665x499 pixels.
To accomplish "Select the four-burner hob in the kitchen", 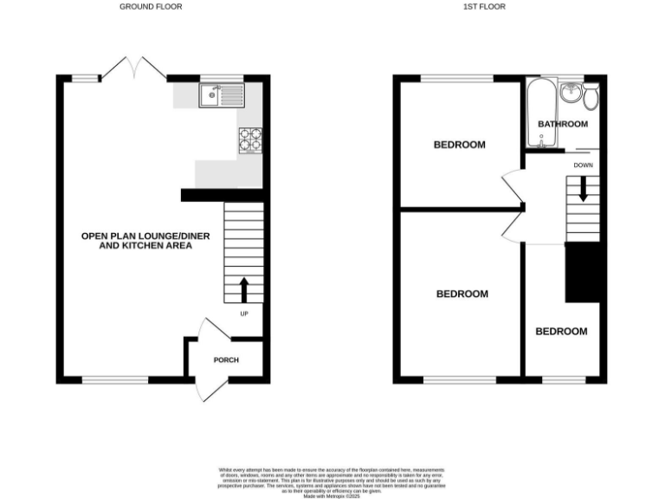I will pyautogui.click(x=250, y=140).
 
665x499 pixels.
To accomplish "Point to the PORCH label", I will pyautogui.click(x=226, y=360).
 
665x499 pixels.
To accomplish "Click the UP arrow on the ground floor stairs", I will pyautogui.click(x=243, y=288).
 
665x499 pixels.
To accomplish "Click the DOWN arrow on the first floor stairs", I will pyautogui.click(x=583, y=188).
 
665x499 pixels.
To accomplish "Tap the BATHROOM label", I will pyautogui.click(x=563, y=124).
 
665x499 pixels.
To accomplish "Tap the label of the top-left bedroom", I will pyautogui.click(x=459, y=145).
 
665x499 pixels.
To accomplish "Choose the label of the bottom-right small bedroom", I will pyautogui.click(x=560, y=331).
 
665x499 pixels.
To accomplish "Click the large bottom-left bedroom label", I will pyautogui.click(x=462, y=294).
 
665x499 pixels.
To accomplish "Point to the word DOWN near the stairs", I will pyautogui.click(x=583, y=165).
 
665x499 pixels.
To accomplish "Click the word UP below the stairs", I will pyautogui.click(x=243, y=314).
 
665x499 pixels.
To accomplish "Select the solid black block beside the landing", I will pyautogui.click(x=582, y=272).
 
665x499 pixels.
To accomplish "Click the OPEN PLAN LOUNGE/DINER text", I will pyautogui.click(x=136, y=235).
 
